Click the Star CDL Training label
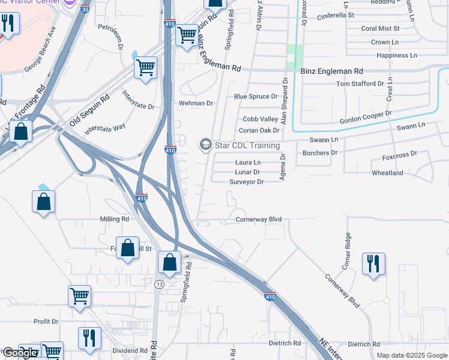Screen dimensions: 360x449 pyautogui.click(x=247, y=146)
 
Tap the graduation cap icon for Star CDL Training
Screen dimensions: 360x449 pyautogui.click(x=205, y=145)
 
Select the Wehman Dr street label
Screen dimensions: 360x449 pyautogui.click(x=196, y=103)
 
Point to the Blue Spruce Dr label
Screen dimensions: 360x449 pyautogui.click(x=256, y=96)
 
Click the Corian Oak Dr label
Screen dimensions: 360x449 pyautogui.click(x=259, y=130)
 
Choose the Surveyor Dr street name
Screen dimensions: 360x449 pyautogui.click(x=246, y=182)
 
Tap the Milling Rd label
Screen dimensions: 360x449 pyautogui.click(x=115, y=220)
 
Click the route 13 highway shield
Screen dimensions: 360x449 pyautogui.click(x=158, y=283)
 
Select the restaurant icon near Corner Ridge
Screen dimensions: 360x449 pyautogui.click(x=373, y=263)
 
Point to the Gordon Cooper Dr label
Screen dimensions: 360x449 pyautogui.click(x=365, y=116)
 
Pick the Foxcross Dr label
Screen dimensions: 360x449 pyautogui.click(x=399, y=155)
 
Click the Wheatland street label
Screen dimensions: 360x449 pyautogui.click(x=387, y=173)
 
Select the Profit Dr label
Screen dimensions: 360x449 pyautogui.click(x=46, y=322)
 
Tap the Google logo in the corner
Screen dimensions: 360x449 pyautogui.click(x=20, y=353)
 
